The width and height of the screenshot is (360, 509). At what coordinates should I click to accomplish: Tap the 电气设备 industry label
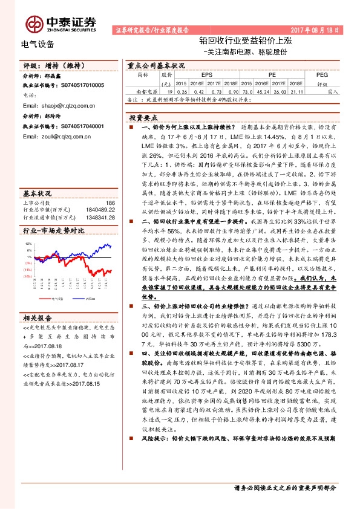pos(38,44)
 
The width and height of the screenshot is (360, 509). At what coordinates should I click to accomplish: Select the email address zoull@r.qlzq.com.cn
pos(62,137)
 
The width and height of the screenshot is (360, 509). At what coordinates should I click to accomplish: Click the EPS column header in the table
pos(198,74)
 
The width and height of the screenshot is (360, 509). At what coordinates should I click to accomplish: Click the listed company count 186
pos(110,203)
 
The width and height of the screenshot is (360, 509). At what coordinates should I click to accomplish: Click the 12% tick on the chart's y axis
pos(28,243)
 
